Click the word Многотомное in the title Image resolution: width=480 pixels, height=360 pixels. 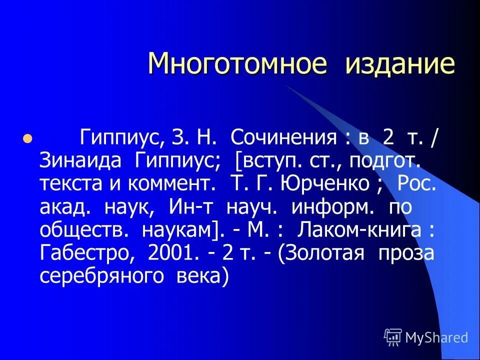point(237,64)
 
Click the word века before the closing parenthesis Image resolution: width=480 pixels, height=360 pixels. point(198,275)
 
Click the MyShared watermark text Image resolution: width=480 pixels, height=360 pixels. point(436,338)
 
